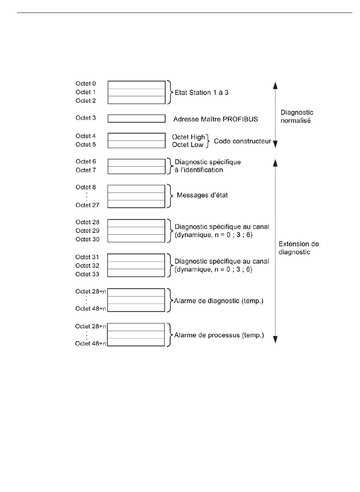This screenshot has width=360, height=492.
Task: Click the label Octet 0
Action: (x=86, y=83)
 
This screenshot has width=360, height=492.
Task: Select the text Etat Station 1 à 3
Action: (x=201, y=92)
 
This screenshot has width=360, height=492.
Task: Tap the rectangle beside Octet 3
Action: (x=136, y=119)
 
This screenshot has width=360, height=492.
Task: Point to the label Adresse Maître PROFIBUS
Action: (x=215, y=119)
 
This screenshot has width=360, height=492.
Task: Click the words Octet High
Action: (x=188, y=137)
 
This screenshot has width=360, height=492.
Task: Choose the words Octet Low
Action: (x=188, y=145)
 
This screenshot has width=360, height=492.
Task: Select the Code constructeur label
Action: (x=242, y=141)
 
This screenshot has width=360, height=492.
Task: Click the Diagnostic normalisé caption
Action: (x=297, y=116)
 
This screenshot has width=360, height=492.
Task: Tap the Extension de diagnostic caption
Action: (x=299, y=248)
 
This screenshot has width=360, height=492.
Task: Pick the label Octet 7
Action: (x=86, y=170)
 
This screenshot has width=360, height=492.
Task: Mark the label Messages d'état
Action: (x=202, y=195)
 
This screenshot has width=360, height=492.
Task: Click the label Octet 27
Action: (x=87, y=205)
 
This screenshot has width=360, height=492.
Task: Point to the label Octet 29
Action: (x=87, y=231)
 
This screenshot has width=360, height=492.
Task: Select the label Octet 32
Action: (x=87, y=266)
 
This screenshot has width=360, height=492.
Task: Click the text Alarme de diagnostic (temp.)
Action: (x=218, y=301)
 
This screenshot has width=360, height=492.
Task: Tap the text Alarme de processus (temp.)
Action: (x=219, y=335)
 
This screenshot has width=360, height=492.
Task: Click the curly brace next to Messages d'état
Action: (x=170, y=196)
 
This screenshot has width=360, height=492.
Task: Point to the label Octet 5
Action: (x=86, y=145)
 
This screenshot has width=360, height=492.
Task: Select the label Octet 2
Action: (x=86, y=101)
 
